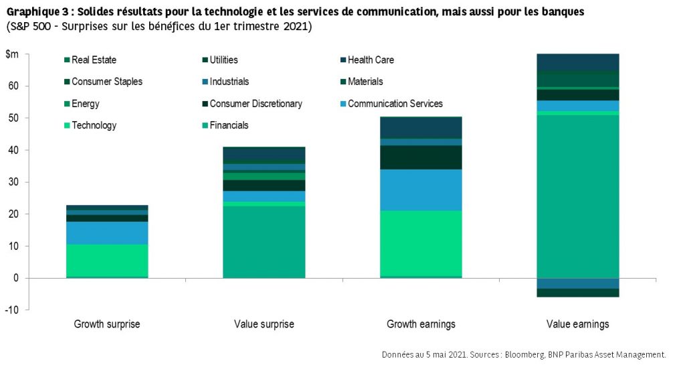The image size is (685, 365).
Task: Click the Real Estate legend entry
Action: click(94, 60)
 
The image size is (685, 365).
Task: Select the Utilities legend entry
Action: click(223, 60)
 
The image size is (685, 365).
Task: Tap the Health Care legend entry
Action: click(371, 60)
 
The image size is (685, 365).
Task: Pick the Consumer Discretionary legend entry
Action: click(256, 104)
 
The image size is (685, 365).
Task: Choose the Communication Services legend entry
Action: click(395, 104)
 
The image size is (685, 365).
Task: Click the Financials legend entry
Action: click(229, 125)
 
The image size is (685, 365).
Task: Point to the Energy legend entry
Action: click(86, 104)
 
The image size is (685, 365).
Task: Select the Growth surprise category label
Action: click(107, 324)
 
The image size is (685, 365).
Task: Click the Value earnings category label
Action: click(578, 324)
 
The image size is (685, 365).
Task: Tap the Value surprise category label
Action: click(264, 324)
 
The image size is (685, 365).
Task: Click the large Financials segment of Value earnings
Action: click(578, 194)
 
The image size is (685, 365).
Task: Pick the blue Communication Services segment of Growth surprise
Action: click(107, 232)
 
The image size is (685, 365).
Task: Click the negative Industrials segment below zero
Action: click(578, 283)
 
